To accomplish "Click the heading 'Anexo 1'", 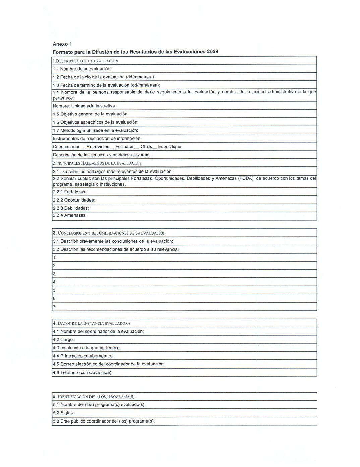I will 62,44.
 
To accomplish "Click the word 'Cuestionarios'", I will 67,147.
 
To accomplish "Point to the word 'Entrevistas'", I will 98,147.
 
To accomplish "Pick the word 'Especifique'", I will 170,147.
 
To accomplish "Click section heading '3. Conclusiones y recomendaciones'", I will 109,233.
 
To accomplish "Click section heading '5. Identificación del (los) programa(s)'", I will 94,397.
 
